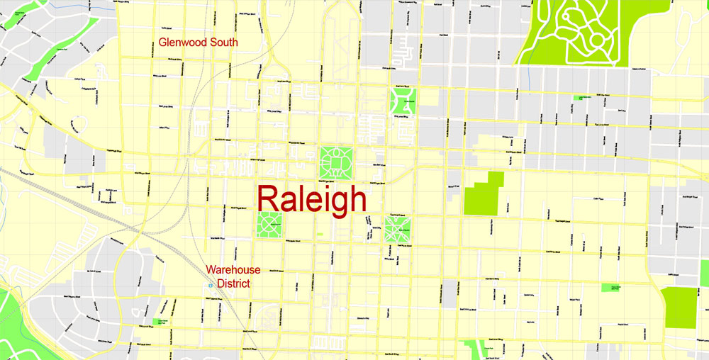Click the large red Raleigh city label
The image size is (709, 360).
(x=312, y=200)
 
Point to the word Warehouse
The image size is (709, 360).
(x=233, y=270)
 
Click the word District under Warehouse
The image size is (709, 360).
(x=233, y=283)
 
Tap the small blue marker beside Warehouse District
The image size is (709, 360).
(x=211, y=285)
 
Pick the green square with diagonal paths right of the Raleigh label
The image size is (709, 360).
(x=398, y=229)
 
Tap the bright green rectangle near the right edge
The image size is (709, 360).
(x=679, y=306)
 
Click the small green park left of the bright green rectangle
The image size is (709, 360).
(x=610, y=288)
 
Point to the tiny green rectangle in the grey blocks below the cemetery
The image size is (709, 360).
(x=584, y=98)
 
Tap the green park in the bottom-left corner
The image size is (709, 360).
(x=13, y=319)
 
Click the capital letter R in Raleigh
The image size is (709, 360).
(x=272, y=200)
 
